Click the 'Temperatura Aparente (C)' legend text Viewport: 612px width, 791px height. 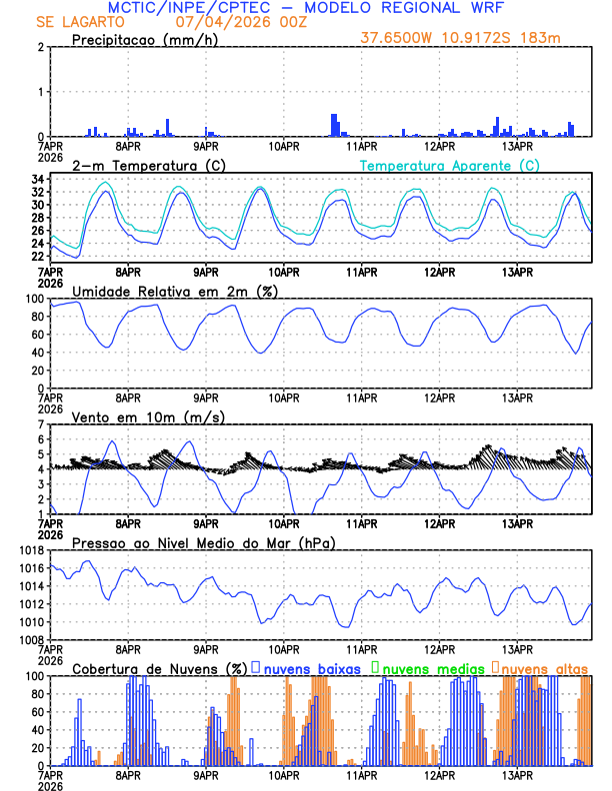pos(450,165)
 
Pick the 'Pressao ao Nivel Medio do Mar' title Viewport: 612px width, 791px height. pos(203,542)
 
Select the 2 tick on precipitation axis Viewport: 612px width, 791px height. pos(40,47)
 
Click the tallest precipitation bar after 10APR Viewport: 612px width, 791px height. pos(333,125)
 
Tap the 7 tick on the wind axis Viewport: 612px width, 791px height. pos(40,424)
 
